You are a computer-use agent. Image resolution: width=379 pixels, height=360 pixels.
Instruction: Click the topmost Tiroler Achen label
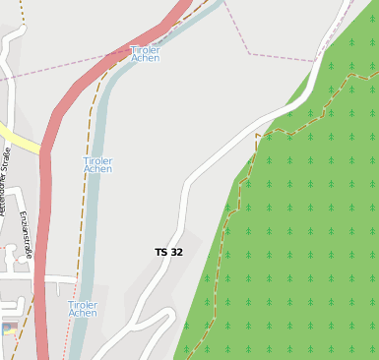tap(145, 53)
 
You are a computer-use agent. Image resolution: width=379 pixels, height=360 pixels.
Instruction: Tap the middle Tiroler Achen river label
tap(97, 164)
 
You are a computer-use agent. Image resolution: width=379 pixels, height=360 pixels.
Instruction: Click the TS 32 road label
tap(168, 253)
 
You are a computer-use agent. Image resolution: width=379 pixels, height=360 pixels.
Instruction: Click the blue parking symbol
tap(7, 329)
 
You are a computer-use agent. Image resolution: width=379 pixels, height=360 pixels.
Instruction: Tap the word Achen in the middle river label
tap(97, 169)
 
